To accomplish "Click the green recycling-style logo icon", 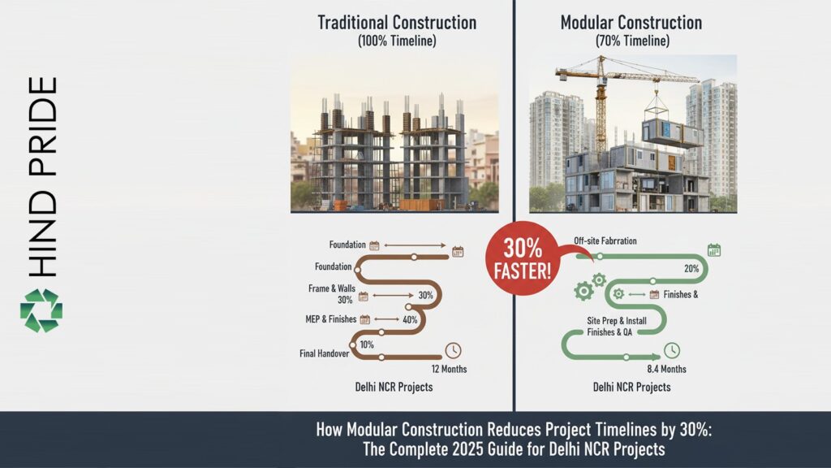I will pyautogui.click(x=41, y=310).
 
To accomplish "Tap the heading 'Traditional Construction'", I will pyautogui.click(x=397, y=22).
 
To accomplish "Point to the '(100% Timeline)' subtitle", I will pyautogui.click(x=397, y=41).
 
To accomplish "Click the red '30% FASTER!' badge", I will pyautogui.click(x=522, y=259).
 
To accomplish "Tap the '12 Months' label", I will pyautogui.click(x=444, y=369).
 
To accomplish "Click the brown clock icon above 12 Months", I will pyautogui.click(x=453, y=351).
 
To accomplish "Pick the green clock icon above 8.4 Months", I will pyautogui.click(x=672, y=351).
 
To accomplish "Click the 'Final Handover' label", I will pyautogui.click(x=325, y=353).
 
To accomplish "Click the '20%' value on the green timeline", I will pyautogui.click(x=691, y=269).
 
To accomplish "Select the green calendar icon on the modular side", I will pyautogui.click(x=714, y=250).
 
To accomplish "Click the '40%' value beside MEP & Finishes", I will pyautogui.click(x=410, y=319).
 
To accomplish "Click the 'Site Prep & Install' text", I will pyautogui.click(x=617, y=321).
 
